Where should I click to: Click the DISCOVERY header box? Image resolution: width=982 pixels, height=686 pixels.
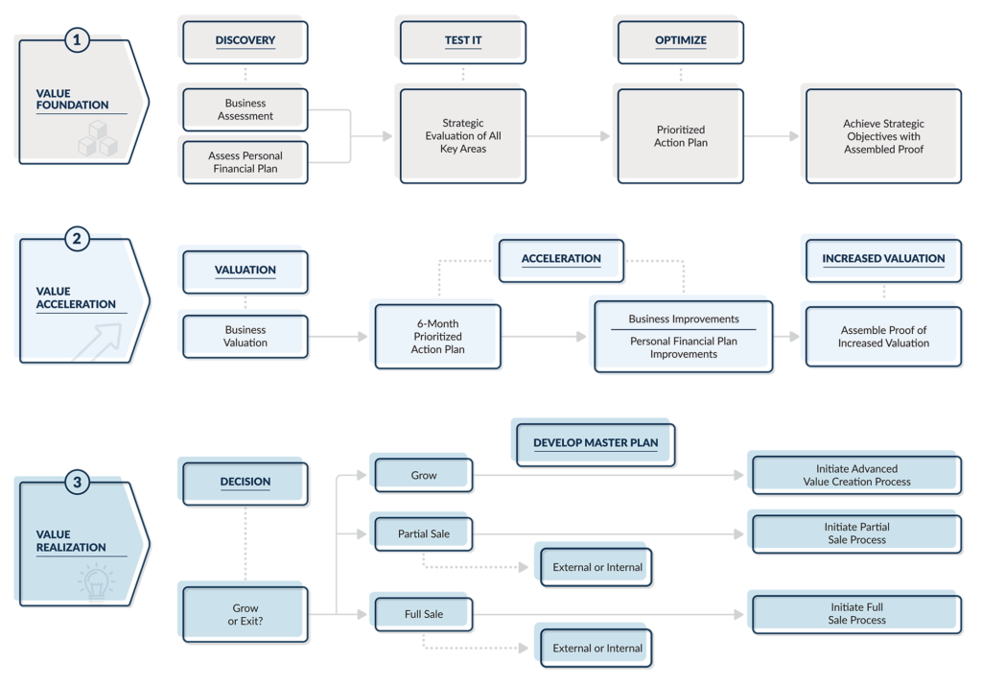(x=245, y=40)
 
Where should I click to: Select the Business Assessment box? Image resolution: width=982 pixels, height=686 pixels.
(x=245, y=109)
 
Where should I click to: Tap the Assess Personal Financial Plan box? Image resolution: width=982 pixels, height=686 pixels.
(x=245, y=161)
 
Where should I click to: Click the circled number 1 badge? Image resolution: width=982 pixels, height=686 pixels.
(x=78, y=40)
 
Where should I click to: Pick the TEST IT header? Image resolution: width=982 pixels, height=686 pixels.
(x=462, y=40)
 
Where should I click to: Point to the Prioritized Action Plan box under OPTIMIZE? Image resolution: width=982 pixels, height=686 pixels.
(x=681, y=135)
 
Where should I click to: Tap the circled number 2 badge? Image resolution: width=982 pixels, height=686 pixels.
(x=78, y=238)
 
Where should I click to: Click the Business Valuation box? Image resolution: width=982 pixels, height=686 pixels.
(x=245, y=336)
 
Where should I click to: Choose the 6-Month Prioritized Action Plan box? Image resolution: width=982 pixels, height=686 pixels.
(x=436, y=336)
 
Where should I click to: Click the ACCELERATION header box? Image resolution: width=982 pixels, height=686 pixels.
(x=561, y=259)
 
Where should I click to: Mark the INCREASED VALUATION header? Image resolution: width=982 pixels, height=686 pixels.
(x=882, y=259)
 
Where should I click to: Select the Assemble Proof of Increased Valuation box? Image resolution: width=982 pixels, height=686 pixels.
(x=882, y=336)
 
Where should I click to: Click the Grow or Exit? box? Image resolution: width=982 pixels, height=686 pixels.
(x=245, y=614)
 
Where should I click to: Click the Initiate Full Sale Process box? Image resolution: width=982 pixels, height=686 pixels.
(x=856, y=613)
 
